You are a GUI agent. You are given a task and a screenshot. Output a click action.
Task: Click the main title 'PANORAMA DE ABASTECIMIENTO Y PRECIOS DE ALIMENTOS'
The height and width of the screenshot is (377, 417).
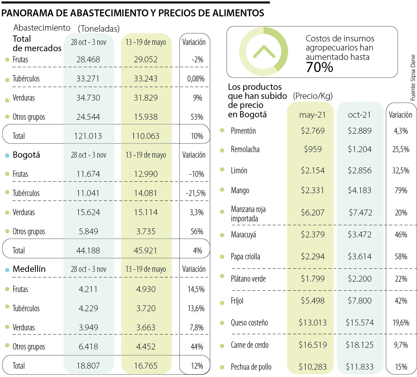[x=133, y=13]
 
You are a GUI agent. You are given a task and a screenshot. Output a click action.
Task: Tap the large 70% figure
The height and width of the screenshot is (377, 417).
[x=319, y=67]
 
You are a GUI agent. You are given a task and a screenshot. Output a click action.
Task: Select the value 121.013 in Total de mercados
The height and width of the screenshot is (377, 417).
[x=88, y=136]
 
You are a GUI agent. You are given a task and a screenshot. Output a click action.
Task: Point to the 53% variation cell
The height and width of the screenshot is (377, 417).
[x=197, y=117]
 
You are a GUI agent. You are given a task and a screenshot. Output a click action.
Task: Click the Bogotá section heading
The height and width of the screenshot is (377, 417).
[x=26, y=155]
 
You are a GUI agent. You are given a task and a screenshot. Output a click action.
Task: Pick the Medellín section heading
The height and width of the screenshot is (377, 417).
[x=29, y=269]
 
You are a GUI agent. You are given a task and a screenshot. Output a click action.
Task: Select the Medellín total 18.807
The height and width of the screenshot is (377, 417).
[x=88, y=366]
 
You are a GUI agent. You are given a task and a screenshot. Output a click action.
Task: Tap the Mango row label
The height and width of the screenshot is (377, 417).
[x=240, y=190]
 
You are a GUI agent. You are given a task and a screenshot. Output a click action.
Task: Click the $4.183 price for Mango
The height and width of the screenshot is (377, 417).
[x=359, y=190]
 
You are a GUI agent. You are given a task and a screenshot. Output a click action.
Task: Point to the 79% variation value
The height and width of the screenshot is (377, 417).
[x=401, y=190]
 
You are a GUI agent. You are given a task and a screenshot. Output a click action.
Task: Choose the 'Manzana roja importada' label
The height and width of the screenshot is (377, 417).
[x=248, y=214]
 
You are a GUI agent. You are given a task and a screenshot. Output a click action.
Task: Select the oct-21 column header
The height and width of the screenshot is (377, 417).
[x=359, y=115]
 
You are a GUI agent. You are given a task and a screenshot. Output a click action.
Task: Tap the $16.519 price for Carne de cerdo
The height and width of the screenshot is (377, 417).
[x=313, y=345]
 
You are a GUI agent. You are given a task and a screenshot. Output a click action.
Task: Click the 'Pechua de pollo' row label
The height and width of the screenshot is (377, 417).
[x=251, y=367]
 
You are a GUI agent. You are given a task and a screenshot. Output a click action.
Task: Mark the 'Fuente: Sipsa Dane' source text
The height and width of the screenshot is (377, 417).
[x=413, y=78]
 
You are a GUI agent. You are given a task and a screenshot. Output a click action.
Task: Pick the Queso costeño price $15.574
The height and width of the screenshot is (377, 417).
[x=360, y=323]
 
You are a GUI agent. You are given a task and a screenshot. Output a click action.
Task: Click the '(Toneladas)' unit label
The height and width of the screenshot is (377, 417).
[x=99, y=29]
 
